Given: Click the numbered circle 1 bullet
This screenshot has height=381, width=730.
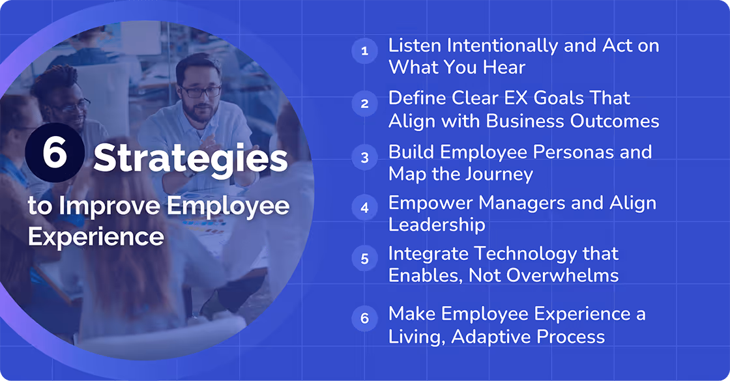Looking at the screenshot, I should (x=364, y=51).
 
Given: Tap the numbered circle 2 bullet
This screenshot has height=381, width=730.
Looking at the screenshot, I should (x=364, y=103).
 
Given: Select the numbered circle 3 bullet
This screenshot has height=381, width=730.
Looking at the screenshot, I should (x=364, y=157).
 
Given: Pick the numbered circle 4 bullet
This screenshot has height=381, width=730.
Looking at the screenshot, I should (x=364, y=208).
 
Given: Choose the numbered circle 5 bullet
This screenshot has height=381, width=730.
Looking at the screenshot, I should (x=364, y=258).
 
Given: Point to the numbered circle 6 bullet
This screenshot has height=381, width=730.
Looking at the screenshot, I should (x=364, y=318).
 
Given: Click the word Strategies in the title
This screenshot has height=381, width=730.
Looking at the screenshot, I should (x=190, y=159).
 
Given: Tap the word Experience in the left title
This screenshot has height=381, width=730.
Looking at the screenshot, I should (x=96, y=236).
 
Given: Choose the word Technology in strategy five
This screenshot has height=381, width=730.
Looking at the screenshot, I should (x=546, y=253).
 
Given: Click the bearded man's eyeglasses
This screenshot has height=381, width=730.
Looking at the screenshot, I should (x=202, y=91).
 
